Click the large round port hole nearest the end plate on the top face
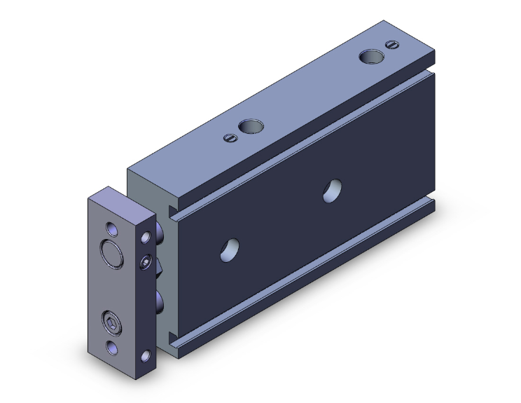coord(250,127)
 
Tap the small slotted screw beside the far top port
coord(391,46)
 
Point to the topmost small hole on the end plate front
coord(112,228)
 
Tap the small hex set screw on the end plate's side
coord(145,263)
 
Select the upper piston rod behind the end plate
coord(162,231)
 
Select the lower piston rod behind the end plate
coord(162,303)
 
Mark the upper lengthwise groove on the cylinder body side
coord(301,140)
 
